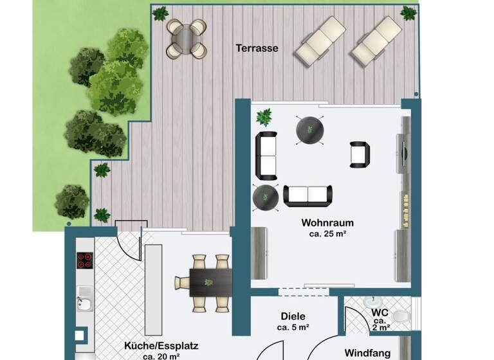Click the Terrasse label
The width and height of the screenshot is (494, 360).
pyautogui.click(x=257, y=48)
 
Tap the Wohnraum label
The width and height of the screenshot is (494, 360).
pyautogui.click(x=327, y=223)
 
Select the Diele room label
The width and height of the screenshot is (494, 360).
pyautogui.click(x=293, y=316)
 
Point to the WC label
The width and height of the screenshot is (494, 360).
pyautogui.click(x=379, y=313)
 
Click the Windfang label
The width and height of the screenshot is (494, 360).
pyautogui.click(x=367, y=352)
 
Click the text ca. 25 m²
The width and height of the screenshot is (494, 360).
pyautogui.click(x=327, y=234)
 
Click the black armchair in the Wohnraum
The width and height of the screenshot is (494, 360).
pyautogui.click(x=360, y=154)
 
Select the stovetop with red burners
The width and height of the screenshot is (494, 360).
pyautogui.click(x=85, y=260)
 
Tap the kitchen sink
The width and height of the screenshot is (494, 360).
pyautogui.click(x=84, y=300)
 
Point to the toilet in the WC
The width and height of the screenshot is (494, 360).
pyautogui.click(x=400, y=317)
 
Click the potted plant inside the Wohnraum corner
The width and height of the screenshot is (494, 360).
pyautogui.click(x=264, y=117)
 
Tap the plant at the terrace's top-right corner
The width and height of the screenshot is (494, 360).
pyautogui.click(x=408, y=12)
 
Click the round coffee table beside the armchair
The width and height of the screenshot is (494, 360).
pyautogui.click(x=309, y=130)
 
